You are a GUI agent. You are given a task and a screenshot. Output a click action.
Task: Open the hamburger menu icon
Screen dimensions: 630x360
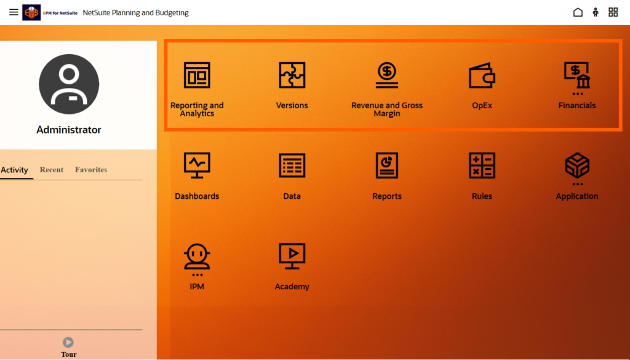coord(14,12)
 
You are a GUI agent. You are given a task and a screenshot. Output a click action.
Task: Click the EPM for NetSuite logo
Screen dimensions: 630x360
coord(50,12)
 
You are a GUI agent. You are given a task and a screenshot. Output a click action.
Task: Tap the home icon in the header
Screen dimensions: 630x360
coord(578,12)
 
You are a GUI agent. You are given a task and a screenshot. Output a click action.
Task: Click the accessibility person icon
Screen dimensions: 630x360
coord(596,12)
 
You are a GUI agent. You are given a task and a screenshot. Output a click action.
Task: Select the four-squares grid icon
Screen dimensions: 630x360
coord(613,12)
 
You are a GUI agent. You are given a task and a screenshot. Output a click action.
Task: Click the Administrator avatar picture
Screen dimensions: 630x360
coord(69,84)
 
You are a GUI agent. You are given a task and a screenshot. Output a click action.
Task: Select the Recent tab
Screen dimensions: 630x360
coord(52,170)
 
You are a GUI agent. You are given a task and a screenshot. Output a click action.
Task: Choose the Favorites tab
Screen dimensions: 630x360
coord(91,170)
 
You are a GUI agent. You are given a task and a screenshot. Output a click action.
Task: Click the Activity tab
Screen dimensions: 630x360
coord(15,170)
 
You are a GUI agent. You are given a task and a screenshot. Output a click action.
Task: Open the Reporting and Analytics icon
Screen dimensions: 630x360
coord(197,74)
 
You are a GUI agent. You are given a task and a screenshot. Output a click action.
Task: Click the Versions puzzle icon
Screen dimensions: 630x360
coord(292,74)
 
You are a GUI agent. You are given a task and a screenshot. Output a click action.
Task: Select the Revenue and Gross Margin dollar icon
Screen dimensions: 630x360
coord(387,74)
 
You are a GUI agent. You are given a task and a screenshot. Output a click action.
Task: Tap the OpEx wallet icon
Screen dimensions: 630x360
coord(482,75)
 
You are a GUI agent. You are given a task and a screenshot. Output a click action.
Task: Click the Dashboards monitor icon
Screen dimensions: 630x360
coord(197,165)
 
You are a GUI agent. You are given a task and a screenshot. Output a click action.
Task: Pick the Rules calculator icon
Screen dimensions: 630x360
coord(482,165)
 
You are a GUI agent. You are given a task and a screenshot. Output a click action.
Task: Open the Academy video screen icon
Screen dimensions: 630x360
coord(292,256)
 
